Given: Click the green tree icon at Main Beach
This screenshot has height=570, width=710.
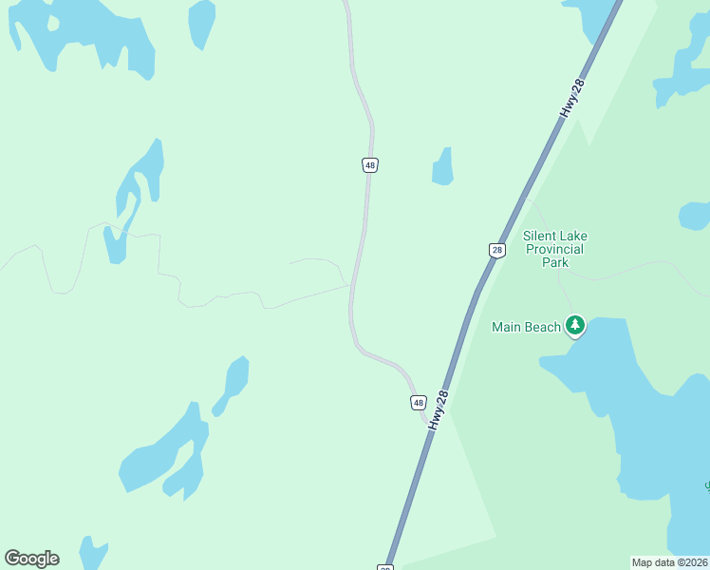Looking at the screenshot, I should pyautogui.click(x=574, y=326).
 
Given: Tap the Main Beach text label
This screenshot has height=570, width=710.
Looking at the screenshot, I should pyautogui.click(x=526, y=327).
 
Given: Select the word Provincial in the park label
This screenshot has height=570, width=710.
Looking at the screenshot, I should pyautogui.click(x=553, y=249).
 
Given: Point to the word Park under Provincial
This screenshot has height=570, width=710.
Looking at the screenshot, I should pyautogui.click(x=554, y=262).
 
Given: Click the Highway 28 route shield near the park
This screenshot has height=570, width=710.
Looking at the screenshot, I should pyautogui.click(x=496, y=250).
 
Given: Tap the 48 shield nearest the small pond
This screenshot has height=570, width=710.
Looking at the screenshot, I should pyautogui.click(x=369, y=165).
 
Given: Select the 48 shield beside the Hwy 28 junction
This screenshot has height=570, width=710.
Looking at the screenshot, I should pyautogui.click(x=418, y=402).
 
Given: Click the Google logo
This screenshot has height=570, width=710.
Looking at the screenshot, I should pyautogui.click(x=31, y=559).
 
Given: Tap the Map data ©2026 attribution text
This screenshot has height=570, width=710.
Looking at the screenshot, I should pyautogui.click(x=669, y=562).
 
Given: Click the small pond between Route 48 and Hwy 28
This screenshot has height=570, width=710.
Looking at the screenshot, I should pyautogui.click(x=442, y=167).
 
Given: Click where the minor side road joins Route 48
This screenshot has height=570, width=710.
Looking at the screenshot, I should pyautogui.click(x=351, y=285).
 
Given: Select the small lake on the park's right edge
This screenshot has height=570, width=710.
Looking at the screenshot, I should pyautogui.click(x=696, y=216).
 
